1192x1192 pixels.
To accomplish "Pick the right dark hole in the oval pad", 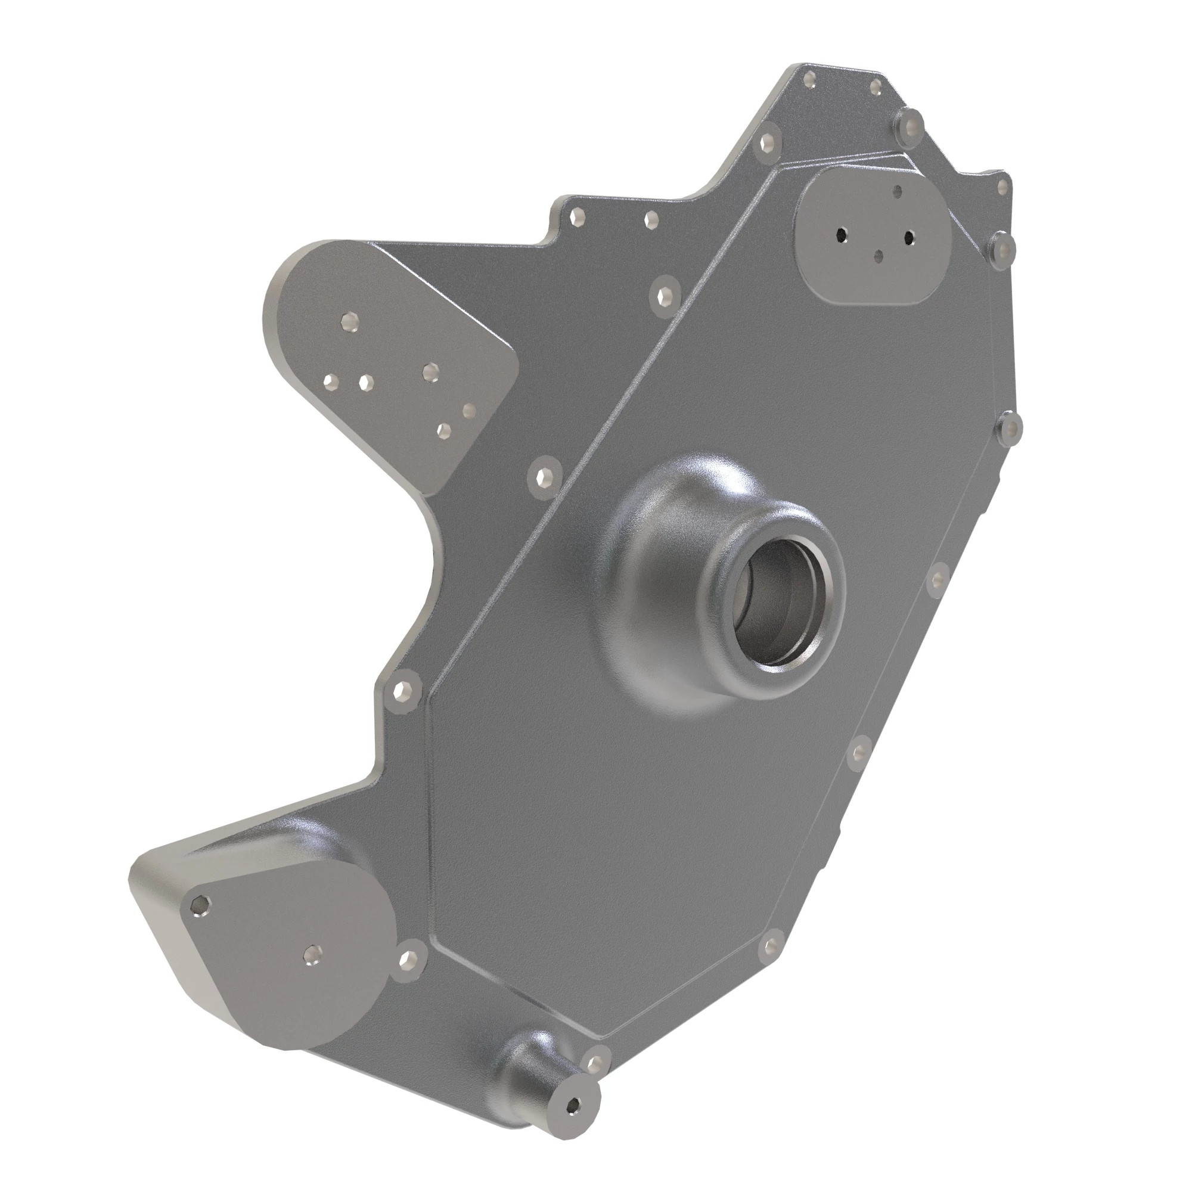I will pyautogui.click(x=909, y=235).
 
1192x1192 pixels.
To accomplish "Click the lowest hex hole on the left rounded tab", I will pyautogui.click(x=443, y=430).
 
